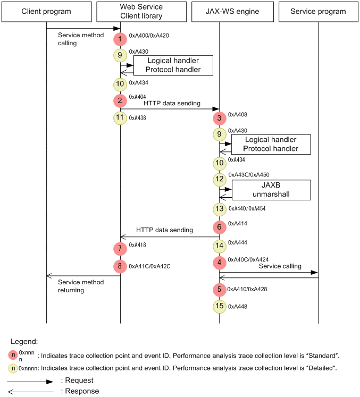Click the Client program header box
(46, 11)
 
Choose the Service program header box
(318, 11)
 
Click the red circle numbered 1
(120, 39)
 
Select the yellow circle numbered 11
(120, 118)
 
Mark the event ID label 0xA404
(138, 97)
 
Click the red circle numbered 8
(120, 266)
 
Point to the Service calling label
(281, 266)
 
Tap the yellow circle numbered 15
(219, 306)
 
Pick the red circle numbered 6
(219, 227)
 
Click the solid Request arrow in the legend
(30, 381)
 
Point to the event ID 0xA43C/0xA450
(248, 174)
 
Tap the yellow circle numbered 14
(219, 246)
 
